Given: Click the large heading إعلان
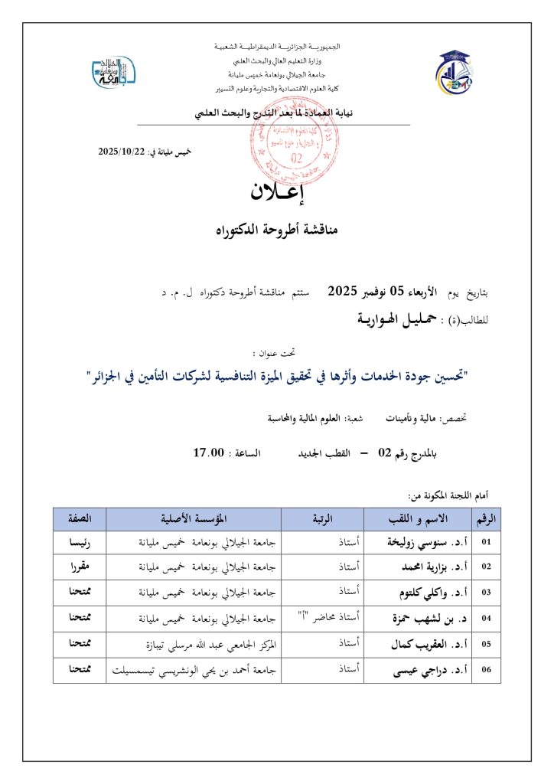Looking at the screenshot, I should click(x=277, y=192).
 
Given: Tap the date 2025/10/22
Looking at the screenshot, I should click(x=121, y=152).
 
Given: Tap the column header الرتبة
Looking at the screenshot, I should click(x=323, y=518).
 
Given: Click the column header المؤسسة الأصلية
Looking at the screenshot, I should click(x=194, y=518).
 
